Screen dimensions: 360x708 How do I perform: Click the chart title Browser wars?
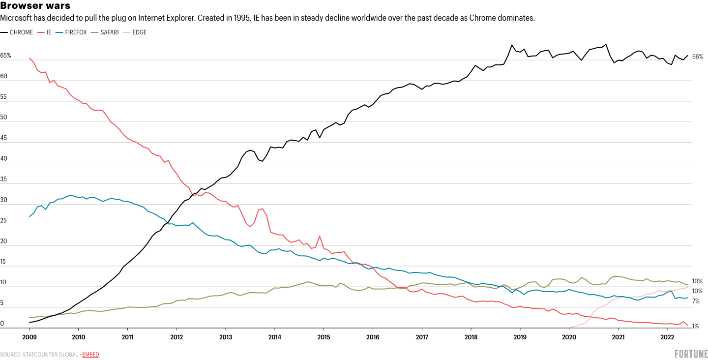[35, 6]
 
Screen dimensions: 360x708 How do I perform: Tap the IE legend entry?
[49, 32]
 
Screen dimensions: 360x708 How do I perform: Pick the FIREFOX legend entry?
[75, 32]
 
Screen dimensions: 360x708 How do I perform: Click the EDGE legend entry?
[140, 32]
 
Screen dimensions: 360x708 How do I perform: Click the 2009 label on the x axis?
[29, 337]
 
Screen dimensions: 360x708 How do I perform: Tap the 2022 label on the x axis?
[667, 337]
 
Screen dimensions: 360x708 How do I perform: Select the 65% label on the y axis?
[5, 56]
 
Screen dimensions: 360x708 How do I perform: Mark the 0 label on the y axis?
[2, 324]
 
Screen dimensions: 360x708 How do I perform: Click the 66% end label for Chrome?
[697, 57]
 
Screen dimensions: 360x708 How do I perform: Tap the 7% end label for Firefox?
[696, 301]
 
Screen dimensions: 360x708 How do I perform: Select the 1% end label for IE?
[696, 326]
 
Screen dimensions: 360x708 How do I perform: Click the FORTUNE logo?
[691, 354]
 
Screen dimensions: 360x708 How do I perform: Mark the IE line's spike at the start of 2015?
[320, 236]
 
